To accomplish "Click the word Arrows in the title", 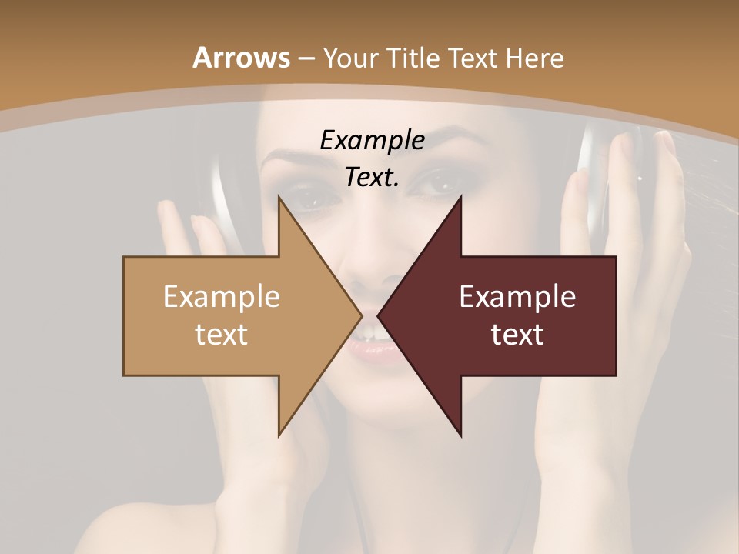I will [x=241, y=58].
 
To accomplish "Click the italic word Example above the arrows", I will [x=372, y=140].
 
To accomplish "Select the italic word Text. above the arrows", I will [x=372, y=177].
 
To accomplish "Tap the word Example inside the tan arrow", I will [x=222, y=297].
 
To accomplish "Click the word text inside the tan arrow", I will [x=222, y=334].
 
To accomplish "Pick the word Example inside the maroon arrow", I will [x=517, y=297].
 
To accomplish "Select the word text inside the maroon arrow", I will [x=517, y=334].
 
